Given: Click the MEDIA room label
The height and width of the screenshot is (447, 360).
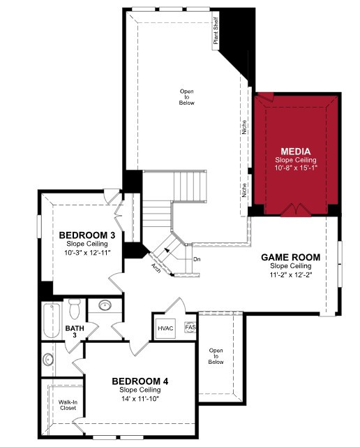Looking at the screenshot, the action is click(295, 152).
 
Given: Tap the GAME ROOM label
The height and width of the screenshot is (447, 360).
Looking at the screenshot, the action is click(290, 258).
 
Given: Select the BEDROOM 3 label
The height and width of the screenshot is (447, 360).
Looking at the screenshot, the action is click(87, 235).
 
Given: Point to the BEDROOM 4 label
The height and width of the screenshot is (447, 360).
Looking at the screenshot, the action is click(140, 381).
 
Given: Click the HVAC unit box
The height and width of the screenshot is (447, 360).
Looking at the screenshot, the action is click(165, 328).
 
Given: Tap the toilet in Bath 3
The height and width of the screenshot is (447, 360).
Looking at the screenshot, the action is click(75, 309).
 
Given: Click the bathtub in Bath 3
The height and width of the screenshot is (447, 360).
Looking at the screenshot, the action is click(52, 321).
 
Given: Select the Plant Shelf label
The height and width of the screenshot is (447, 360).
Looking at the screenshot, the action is click(216, 31).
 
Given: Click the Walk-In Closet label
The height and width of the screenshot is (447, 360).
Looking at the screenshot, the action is click(68, 405).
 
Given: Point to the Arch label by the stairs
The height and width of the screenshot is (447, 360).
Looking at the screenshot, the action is click(156, 268).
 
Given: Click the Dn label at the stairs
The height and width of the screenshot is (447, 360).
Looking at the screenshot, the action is click(197, 259).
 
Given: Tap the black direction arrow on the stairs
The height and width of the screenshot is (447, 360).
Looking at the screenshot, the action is click(167, 250).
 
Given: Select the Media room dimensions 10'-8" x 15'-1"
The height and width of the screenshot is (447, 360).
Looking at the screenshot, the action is click(296, 168).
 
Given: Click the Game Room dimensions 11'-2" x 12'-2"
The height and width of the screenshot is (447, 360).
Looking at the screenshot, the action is click(291, 275).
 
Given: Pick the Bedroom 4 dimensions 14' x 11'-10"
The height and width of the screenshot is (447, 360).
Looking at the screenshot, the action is click(140, 399).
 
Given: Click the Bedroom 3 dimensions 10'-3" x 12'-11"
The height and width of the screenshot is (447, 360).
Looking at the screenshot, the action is click(87, 253).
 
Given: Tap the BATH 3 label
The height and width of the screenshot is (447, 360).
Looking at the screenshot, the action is click(75, 332).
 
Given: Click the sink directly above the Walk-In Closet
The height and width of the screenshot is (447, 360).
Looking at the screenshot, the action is click(48, 360).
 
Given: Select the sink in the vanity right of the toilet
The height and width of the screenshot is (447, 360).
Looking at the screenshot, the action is click(105, 305).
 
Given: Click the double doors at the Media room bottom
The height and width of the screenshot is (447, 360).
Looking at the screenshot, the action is click(295, 210).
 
